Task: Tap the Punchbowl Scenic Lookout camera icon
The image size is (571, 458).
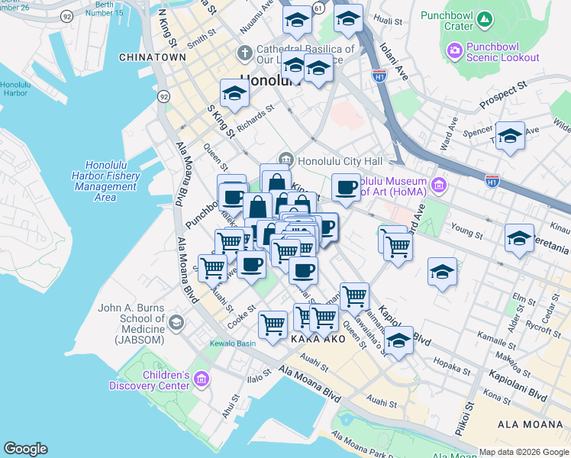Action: point(454,50)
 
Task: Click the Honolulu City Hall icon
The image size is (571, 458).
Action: point(286,159)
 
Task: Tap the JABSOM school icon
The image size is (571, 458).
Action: point(177,323)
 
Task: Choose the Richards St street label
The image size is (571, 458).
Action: point(256,119)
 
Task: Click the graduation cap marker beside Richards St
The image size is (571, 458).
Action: point(234,94)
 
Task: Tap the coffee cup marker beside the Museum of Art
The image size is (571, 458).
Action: point(345,188)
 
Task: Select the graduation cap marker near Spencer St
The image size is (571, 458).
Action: point(509,137)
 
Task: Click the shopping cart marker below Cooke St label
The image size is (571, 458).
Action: point(273,324)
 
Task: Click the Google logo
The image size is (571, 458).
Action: point(25,448)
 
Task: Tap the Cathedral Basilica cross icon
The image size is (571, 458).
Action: point(244,53)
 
